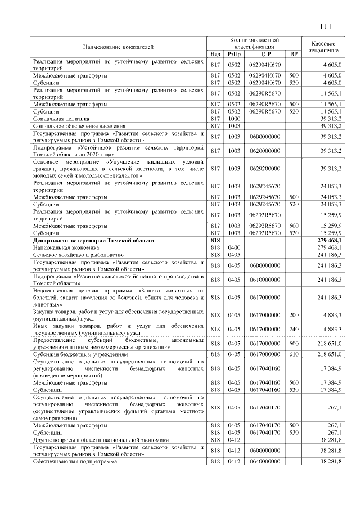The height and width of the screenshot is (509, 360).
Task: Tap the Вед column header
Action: tap(215, 54)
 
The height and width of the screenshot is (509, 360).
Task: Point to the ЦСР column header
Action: tap(264, 54)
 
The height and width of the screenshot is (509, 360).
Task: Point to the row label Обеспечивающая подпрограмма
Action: tap(75, 461)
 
